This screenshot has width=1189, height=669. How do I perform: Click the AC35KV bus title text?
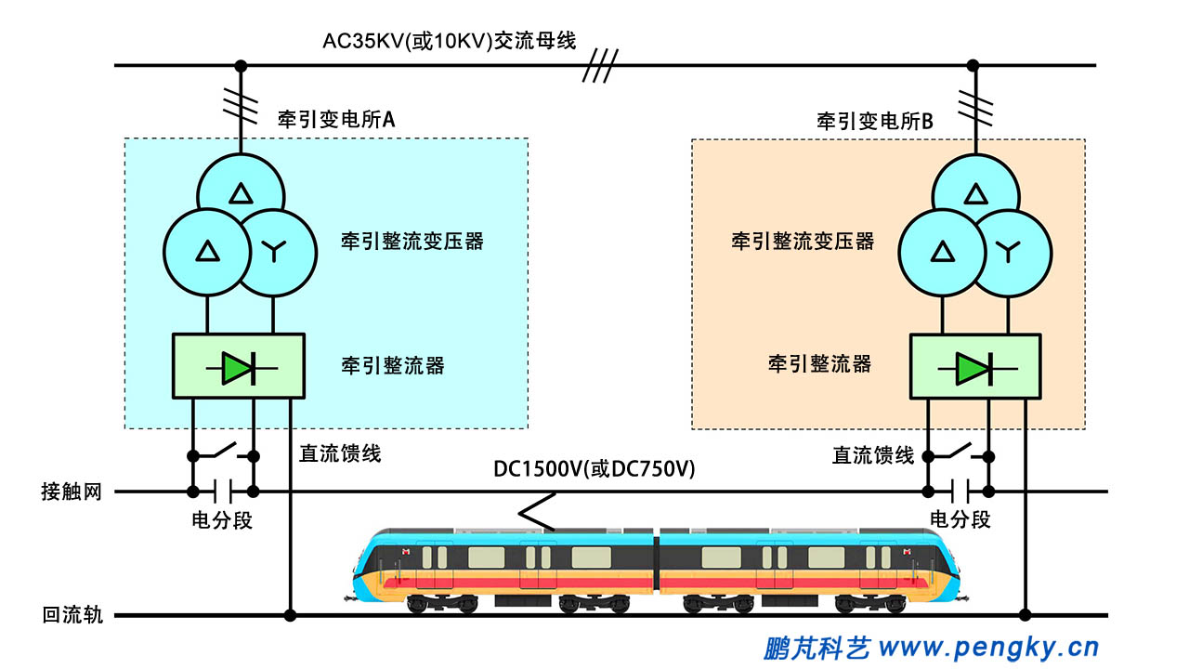[450, 41]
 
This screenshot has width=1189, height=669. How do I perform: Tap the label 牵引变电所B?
[874, 121]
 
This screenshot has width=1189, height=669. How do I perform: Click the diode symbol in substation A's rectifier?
[239, 369]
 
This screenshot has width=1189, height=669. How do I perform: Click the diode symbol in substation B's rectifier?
[974, 369]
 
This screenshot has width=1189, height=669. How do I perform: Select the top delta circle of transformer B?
[975, 193]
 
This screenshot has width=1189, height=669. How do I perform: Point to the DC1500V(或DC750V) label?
[594, 469]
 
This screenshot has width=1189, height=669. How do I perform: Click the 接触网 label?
[71, 492]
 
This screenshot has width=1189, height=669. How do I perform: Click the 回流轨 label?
[72, 615]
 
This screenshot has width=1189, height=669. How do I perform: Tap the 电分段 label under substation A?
[221, 520]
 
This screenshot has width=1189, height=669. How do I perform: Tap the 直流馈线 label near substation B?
[872, 455]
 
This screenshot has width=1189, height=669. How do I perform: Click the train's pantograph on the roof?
[536, 514]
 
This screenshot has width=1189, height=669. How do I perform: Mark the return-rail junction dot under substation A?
[290, 615]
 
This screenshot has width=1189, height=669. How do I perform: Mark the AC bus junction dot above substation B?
[973, 65]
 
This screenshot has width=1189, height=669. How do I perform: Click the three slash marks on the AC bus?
[600, 66]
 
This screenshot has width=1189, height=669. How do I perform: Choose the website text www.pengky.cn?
[988, 647]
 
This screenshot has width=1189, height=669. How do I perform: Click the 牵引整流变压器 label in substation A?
[412, 242]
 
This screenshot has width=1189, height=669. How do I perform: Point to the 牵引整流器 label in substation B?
[819, 363]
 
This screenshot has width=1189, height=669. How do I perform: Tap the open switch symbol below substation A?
[222, 453]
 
